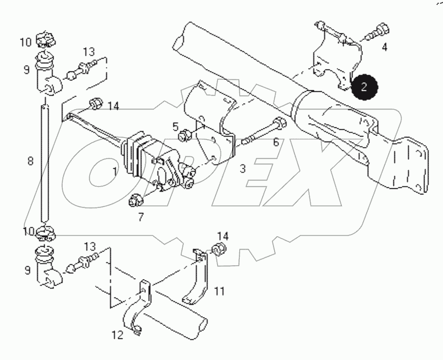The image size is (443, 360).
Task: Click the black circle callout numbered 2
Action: [364, 87]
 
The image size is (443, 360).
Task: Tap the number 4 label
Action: [384, 48]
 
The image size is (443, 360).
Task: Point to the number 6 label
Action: [276, 142]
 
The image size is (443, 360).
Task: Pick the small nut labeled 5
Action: [186, 134]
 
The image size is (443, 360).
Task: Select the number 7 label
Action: [141, 216]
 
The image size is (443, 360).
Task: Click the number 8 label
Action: [31, 161]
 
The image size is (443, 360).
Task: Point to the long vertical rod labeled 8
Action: [45, 163]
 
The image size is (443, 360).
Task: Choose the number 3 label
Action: [242, 169]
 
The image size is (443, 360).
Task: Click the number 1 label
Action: [114, 172]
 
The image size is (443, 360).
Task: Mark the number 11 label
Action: [220, 291]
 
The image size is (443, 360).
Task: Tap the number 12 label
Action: [117, 335]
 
